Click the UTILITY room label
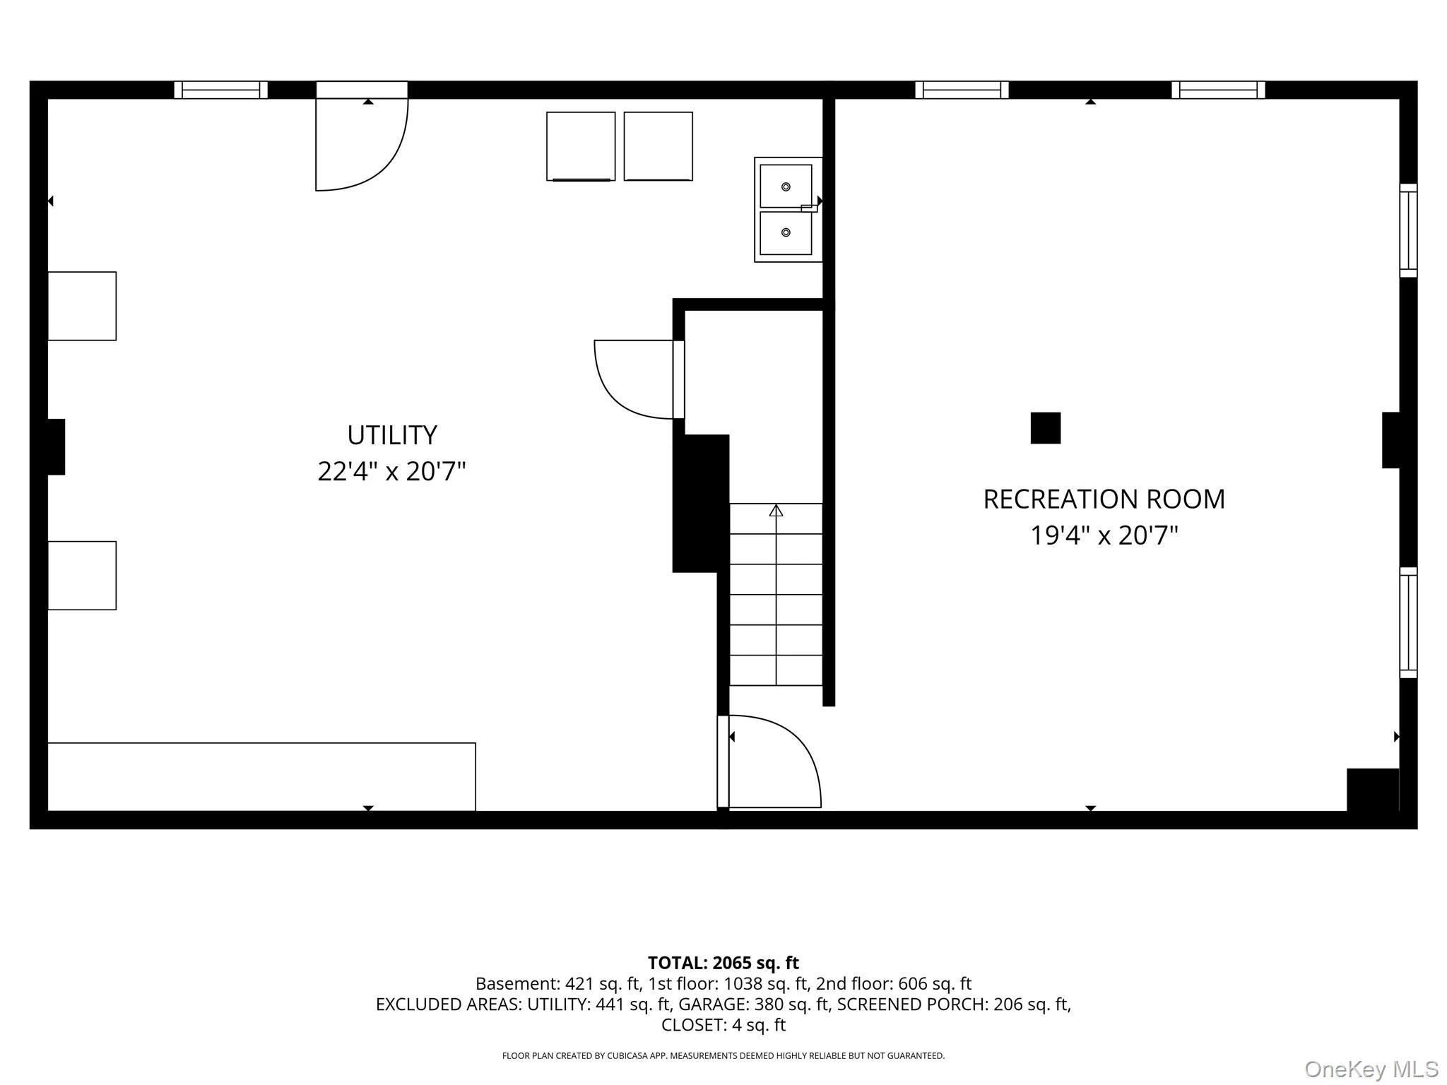392,435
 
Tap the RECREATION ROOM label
1104,499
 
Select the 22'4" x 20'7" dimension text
391,471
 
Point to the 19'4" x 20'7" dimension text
1104,535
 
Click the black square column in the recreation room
1046,428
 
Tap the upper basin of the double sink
786,186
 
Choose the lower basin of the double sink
786,233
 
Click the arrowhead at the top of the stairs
776,510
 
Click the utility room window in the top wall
220,90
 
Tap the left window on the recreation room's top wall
962,90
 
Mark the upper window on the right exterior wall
1408,230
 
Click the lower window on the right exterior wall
1408,622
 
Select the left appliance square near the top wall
581,146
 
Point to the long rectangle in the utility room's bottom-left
261,777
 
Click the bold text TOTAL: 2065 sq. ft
723,963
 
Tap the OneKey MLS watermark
1371,1069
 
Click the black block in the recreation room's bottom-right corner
1373,790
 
